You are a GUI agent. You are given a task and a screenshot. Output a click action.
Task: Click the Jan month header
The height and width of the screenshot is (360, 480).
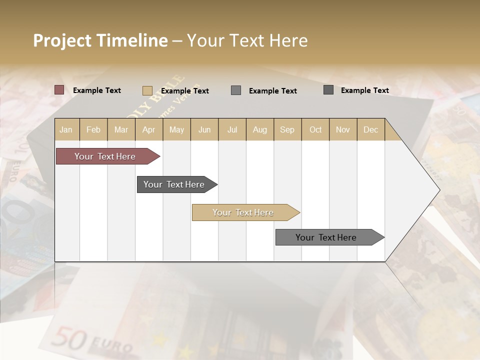click(x=66, y=129)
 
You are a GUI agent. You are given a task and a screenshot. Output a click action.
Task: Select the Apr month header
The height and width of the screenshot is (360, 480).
click(x=148, y=129)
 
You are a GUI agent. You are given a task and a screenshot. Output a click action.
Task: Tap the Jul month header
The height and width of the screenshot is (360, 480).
click(x=232, y=129)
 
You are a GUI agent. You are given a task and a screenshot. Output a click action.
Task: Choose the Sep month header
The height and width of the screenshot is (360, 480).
click(x=287, y=129)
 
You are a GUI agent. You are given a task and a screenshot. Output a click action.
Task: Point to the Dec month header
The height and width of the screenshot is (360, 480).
click(x=370, y=129)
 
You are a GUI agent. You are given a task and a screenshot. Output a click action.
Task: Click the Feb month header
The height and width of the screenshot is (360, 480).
click(x=93, y=129)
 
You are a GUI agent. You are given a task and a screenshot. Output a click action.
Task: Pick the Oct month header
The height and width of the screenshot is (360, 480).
click(x=315, y=129)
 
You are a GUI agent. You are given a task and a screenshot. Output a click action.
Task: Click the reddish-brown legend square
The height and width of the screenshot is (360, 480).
click(x=59, y=90)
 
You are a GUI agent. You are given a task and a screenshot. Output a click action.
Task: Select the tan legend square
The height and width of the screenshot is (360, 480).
click(x=147, y=90)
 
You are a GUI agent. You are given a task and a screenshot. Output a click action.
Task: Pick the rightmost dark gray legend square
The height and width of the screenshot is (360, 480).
click(x=328, y=90)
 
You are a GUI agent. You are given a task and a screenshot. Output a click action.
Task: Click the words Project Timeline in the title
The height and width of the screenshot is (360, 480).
click(x=100, y=40)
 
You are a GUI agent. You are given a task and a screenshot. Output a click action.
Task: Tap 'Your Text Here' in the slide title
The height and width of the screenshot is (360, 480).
click(x=247, y=40)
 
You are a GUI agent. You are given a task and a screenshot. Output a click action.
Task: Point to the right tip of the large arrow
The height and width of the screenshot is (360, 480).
click(x=438, y=190)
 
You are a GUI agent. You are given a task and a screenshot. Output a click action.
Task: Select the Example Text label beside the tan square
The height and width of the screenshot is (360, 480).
click(x=185, y=91)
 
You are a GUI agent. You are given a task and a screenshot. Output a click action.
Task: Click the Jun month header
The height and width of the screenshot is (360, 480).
click(x=204, y=129)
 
